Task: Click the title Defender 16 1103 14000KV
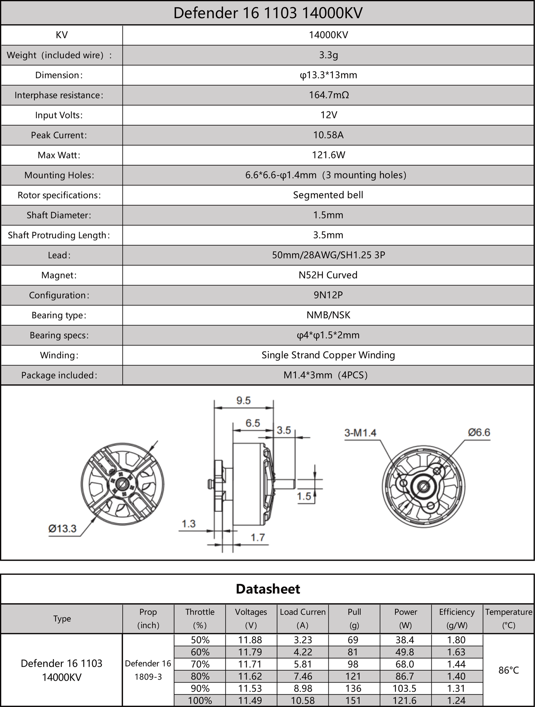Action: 267,13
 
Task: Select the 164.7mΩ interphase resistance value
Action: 328,95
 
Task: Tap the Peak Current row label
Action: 59,135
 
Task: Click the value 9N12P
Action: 328,295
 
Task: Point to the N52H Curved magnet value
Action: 328,275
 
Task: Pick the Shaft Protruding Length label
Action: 59,235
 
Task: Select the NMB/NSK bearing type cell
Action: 328,315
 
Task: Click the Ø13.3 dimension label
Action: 62,528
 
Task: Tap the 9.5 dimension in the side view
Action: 243,400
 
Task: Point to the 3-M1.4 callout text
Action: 360,433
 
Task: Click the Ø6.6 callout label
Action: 479,432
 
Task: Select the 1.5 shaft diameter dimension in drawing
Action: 304,496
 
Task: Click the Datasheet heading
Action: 268,589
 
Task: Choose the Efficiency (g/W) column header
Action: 457,618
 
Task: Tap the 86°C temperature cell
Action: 508,670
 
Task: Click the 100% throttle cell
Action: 200,700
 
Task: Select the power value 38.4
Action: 405,640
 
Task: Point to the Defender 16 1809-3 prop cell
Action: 148,670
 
